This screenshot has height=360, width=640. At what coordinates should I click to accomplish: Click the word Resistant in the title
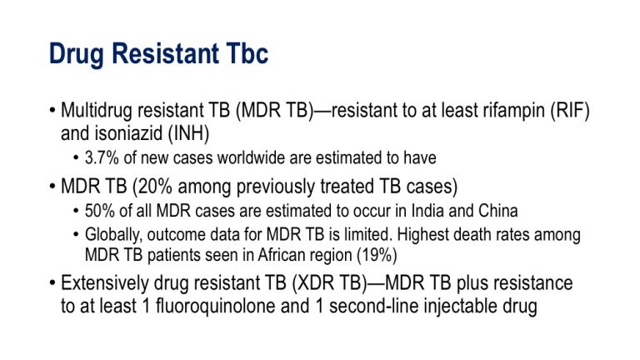tap(165, 53)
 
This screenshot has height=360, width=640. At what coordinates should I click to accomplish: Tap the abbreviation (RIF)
tap(570, 111)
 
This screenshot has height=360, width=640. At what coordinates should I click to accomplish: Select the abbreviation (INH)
tap(188, 133)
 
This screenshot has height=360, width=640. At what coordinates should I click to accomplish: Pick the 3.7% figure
tap(102, 157)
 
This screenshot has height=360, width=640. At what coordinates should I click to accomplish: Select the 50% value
tap(100, 211)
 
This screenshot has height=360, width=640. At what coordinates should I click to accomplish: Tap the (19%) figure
tap(377, 256)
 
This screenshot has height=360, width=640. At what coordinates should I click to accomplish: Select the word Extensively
tap(105, 283)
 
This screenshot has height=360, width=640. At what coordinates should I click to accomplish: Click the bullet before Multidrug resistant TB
tap(52, 111)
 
